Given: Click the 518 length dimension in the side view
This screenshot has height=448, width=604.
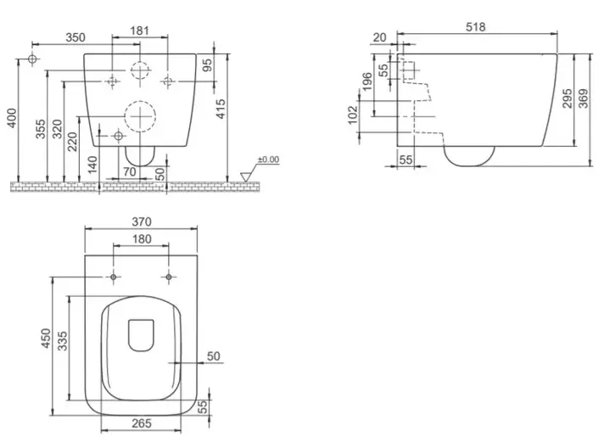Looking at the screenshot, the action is tap(476, 27).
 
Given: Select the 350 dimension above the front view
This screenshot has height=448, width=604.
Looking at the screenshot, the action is tap(75, 37).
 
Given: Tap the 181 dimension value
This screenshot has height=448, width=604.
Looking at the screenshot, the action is tap(139, 31).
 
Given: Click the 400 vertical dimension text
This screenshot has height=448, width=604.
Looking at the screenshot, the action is tap(12, 118).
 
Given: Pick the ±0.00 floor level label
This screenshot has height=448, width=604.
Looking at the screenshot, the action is tap(268, 160).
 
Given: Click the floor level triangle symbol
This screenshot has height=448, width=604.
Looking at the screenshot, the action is tap(245, 176).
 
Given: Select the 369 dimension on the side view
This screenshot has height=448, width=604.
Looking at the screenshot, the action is tap(584, 98).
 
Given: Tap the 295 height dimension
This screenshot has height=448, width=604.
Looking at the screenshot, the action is tap(567, 98).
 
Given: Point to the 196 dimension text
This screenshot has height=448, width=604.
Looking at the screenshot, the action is tap(367, 81).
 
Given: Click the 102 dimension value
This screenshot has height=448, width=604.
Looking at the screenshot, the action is tap(353, 115).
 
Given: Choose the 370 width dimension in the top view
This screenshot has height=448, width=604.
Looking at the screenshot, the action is tap(142, 221).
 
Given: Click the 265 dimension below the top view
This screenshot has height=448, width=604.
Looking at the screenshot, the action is tap(142, 423).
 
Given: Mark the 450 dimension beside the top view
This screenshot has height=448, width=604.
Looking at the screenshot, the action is tap(46, 339).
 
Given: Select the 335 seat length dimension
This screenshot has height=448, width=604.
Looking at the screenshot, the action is tap(62, 341).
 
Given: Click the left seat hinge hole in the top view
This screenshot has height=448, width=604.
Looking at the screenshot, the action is tap(114, 277).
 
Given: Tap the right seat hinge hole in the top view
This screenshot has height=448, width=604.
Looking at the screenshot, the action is tap(168, 277).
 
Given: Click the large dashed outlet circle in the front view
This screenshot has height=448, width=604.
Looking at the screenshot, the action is tap(140, 101).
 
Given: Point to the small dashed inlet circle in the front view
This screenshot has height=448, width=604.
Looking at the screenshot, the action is tap(140, 62).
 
